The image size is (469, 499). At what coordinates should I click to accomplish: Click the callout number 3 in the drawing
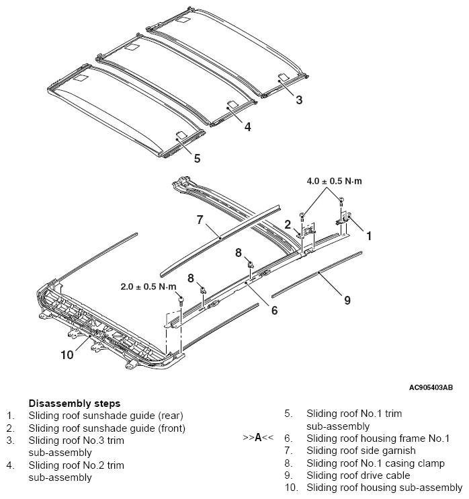point(299,100)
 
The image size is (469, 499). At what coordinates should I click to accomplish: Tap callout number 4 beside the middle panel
point(248,126)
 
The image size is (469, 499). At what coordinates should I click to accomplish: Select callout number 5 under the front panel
point(197,158)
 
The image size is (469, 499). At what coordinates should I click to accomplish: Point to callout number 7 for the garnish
point(200,220)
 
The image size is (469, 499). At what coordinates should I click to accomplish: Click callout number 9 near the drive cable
point(347,300)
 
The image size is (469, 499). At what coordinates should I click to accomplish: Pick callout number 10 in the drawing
point(67,354)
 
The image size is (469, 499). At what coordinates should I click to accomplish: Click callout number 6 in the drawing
point(274,310)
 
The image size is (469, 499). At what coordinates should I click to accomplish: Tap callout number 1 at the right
point(369,236)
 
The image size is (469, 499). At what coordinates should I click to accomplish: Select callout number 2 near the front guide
point(288,225)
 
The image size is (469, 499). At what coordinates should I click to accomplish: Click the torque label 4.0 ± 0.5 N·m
point(334,181)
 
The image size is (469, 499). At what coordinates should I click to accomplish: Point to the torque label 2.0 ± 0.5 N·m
point(148,286)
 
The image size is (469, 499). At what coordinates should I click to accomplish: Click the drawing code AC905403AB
point(431,387)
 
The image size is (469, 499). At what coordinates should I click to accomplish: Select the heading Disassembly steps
point(75,404)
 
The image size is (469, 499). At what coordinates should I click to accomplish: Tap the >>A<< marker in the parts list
point(258,437)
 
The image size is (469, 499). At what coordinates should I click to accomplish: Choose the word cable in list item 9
point(398,475)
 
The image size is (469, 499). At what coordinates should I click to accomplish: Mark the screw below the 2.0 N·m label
point(181,301)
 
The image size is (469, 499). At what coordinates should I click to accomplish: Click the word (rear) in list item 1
point(172,416)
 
